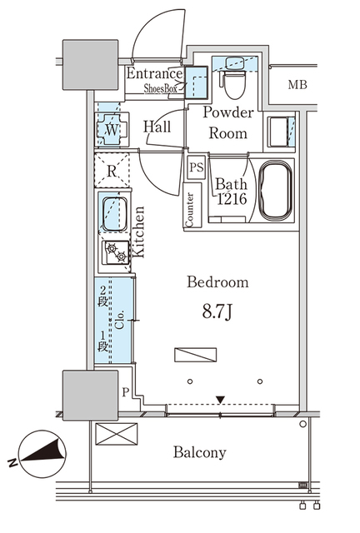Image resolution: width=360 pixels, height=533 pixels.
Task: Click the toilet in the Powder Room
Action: click(x=235, y=83)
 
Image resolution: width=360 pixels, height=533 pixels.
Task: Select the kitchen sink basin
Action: click(x=115, y=214)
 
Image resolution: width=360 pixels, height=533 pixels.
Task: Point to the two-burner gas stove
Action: click(x=117, y=253)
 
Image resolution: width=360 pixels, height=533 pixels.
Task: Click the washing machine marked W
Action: click(x=112, y=129)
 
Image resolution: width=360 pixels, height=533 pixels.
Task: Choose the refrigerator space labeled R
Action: click(x=112, y=171)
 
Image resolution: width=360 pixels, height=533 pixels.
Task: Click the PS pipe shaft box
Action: click(x=197, y=167)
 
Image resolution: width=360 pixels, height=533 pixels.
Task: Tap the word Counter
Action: click(x=189, y=209)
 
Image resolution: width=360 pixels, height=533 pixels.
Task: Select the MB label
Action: click(x=297, y=85)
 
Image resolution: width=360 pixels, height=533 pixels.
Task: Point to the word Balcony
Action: click(x=200, y=452)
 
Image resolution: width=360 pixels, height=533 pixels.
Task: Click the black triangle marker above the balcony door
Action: click(x=221, y=400)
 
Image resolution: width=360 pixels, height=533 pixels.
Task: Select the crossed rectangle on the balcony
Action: click(x=117, y=434)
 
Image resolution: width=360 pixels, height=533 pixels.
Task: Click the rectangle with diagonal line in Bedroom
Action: click(x=195, y=355)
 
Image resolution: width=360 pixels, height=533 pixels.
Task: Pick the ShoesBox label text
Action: click(x=160, y=89)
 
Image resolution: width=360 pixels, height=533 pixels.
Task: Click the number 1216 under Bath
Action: click(x=232, y=199)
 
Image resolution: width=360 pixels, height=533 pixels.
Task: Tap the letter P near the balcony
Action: click(x=126, y=392)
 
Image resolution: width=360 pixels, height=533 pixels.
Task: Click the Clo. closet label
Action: click(x=120, y=320)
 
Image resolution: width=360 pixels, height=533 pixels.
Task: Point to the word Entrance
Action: click(x=154, y=74)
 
